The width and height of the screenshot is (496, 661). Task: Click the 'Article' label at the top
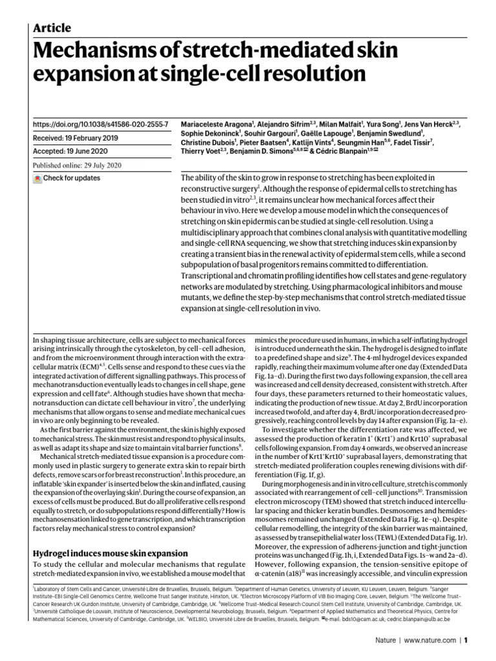51,27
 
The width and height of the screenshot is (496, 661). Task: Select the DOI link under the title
101,123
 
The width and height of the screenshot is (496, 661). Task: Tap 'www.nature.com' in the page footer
430,642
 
